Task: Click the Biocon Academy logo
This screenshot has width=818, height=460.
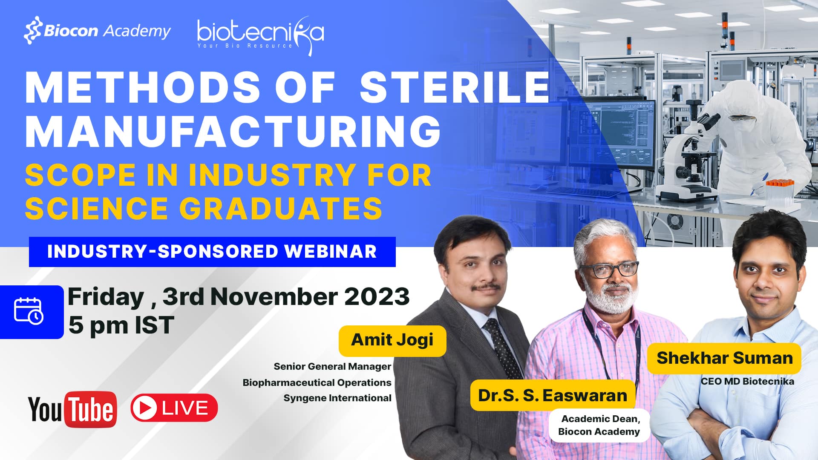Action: click(x=97, y=31)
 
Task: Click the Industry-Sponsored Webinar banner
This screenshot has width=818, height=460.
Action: click(x=212, y=252)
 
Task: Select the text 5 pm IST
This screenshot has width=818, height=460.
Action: click(x=121, y=325)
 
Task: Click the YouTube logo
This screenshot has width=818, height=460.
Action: click(x=72, y=409)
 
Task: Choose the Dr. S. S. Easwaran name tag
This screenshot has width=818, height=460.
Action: click(x=553, y=396)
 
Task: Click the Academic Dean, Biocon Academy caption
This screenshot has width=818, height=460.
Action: click(x=599, y=425)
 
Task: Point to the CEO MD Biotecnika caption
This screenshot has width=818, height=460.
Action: click(x=747, y=382)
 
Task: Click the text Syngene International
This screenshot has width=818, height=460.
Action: click(x=337, y=398)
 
